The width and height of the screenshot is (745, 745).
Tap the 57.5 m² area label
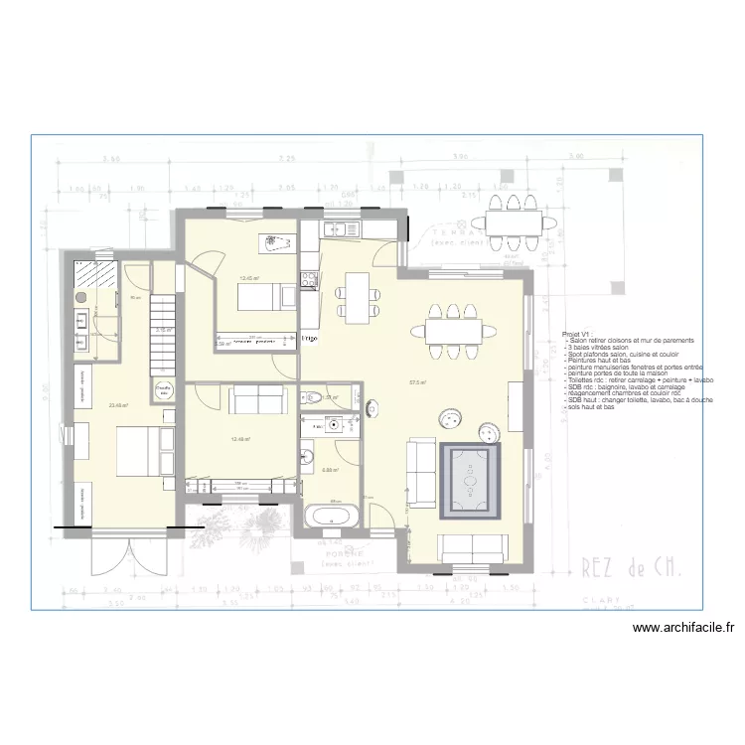[x=416, y=381]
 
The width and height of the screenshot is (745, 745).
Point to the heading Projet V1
[x=576, y=336]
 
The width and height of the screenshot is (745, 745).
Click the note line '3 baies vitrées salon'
[x=597, y=348]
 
